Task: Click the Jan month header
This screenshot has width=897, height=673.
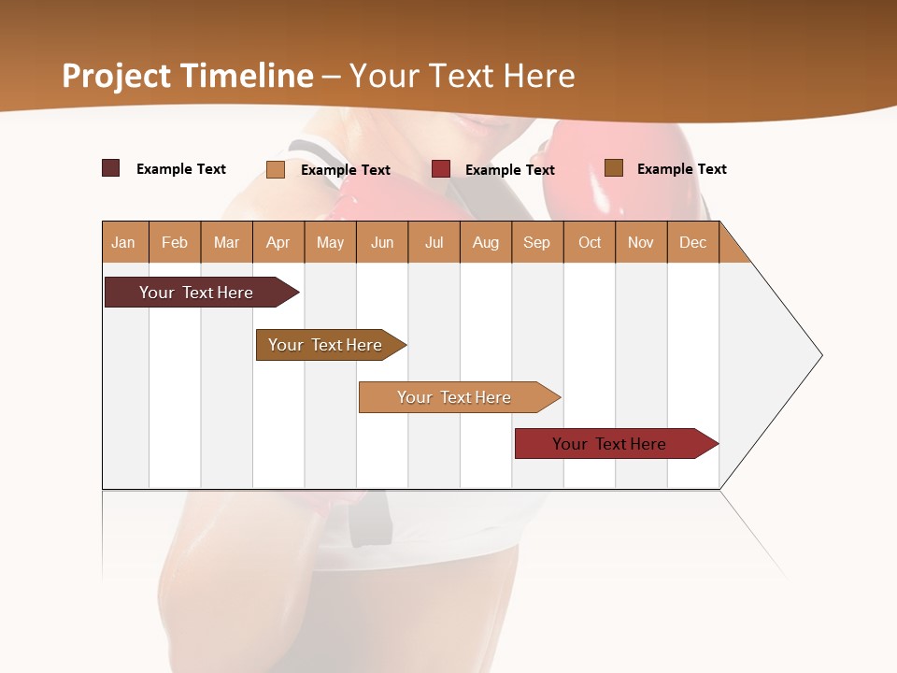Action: point(124,242)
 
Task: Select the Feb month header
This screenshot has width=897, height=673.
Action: point(175,242)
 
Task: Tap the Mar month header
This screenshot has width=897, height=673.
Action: point(226,242)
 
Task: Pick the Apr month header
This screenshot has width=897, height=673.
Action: point(278,242)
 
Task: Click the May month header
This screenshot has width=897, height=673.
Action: point(330,242)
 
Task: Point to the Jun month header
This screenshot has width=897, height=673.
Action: point(382,242)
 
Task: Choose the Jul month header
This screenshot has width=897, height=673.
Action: point(434,242)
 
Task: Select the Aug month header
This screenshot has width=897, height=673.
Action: point(486,242)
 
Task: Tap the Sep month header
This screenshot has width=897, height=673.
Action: point(537,242)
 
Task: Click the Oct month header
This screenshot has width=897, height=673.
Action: point(590,242)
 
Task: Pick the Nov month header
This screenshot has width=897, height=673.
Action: point(641,242)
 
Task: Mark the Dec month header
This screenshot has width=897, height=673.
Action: point(693,242)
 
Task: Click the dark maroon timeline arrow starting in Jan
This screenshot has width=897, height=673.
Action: point(196,293)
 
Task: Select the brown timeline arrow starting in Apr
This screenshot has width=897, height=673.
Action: point(326,345)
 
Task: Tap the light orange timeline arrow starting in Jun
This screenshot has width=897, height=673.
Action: point(455,397)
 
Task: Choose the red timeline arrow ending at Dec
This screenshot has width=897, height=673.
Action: point(610,444)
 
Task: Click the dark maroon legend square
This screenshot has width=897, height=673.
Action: point(111,168)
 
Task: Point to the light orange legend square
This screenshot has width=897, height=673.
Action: point(276,169)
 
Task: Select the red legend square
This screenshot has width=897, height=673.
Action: point(441,169)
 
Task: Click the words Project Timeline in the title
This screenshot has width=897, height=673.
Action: point(188,76)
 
